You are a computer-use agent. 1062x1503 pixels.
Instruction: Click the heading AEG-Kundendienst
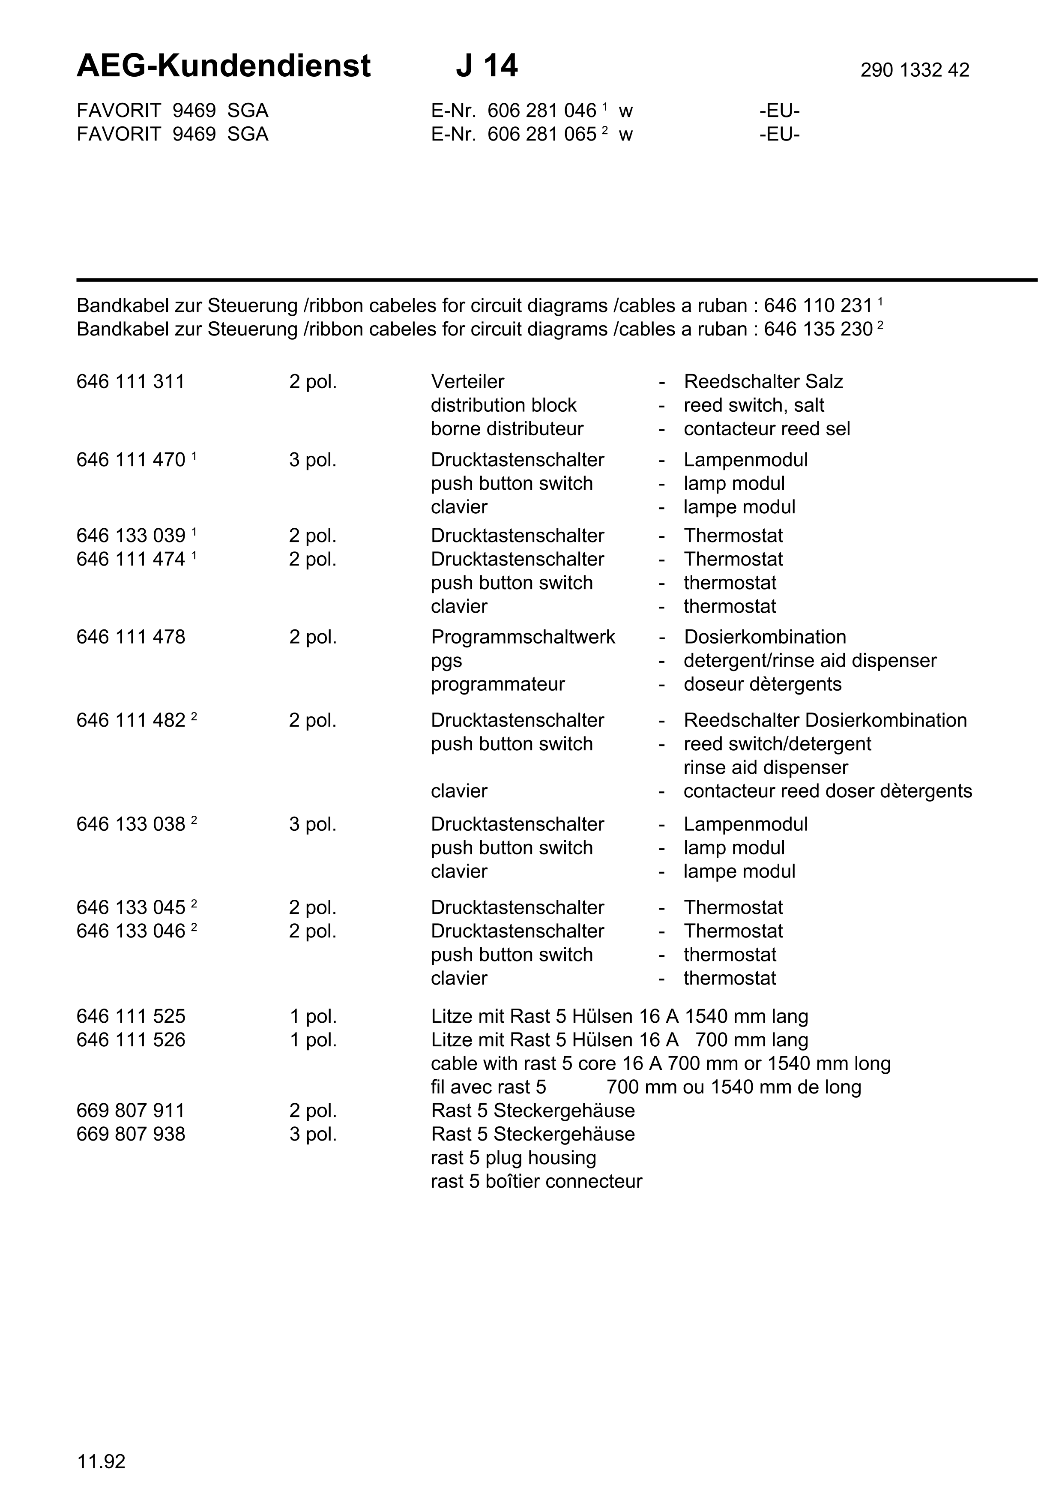(223, 66)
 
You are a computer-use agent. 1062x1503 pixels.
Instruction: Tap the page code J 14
(486, 66)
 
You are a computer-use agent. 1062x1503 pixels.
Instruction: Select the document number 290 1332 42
(914, 70)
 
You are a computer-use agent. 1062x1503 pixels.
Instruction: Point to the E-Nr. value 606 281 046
(542, 111)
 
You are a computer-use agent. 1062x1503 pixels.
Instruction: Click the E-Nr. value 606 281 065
(542, 134)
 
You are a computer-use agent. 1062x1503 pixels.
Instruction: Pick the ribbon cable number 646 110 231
(818, 306)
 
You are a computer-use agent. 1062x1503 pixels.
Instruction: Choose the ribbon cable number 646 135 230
(818, 329)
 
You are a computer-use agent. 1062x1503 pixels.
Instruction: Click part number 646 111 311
(131, 382)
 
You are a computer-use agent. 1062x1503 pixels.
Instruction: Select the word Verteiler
(467, 382)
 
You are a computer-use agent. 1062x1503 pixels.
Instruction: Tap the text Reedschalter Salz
(763, 382)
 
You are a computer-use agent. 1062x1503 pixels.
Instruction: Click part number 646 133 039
(131, 536)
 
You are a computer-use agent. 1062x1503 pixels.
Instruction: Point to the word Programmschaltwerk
(523, 637)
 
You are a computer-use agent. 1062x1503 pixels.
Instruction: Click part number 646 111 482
(131, 721)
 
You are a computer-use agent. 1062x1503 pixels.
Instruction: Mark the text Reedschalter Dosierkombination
(825, 721)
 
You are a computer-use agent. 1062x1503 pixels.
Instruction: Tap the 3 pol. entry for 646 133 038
(313, 824)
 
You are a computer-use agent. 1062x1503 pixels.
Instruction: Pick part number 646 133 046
(131, 931)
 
